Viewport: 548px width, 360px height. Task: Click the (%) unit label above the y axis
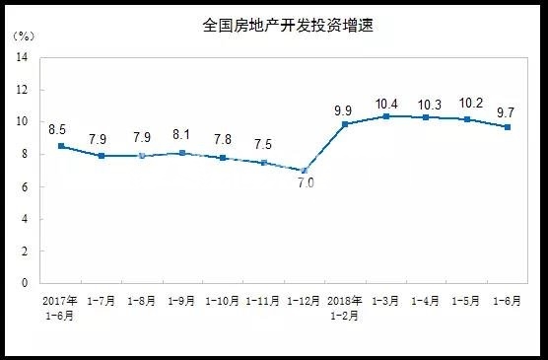click(24, 36)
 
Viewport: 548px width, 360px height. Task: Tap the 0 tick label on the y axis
click(24, 283)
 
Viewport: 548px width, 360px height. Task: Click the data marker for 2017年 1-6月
click(61, 146)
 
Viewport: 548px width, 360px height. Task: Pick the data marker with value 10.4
click(385, 115)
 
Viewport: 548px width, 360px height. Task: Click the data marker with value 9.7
click(508, 126)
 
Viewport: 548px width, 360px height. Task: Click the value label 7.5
click(263, 143)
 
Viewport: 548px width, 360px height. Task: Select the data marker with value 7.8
click(223, 158)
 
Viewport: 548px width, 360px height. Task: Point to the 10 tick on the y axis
click(21, 122)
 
